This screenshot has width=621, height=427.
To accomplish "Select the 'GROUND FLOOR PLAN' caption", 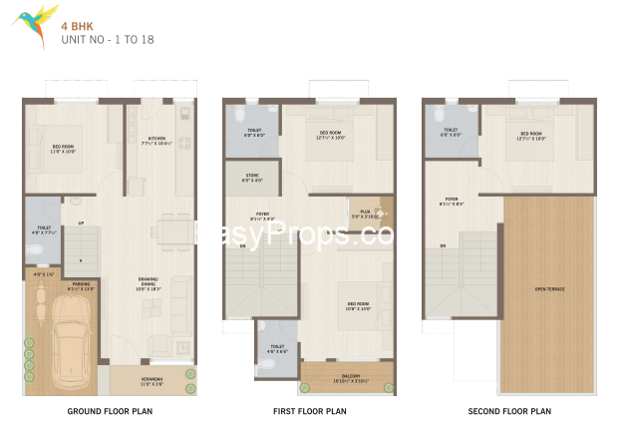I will [x=110, y=410].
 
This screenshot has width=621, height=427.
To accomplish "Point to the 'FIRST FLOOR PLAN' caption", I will [x=309, y=410].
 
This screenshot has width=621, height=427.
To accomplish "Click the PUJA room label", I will [x=366, y=212].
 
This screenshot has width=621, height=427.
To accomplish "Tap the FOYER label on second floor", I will [x=452, y=199].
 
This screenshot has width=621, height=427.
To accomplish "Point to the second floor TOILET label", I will [x=451, y=130].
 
